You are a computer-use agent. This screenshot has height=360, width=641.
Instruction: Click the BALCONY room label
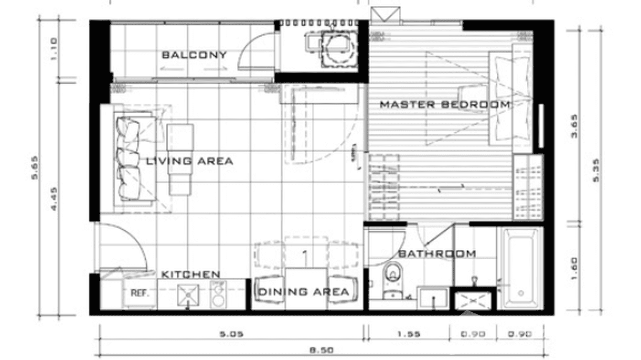tap(194, 55)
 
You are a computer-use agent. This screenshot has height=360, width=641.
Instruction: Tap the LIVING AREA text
tap(190, 161)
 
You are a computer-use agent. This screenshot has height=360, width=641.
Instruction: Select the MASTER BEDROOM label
tap(445, 105)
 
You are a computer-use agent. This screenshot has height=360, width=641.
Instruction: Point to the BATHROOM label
tap(437, 254)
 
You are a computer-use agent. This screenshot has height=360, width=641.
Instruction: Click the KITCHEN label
tap(191, 275)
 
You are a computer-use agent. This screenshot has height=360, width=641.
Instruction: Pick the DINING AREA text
tap(303, 292)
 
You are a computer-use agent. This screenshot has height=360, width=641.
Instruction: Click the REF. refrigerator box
tap(140, 293)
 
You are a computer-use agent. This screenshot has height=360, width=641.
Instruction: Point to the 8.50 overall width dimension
tap(321, 350)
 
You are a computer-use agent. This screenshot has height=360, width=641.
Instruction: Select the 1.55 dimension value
tap(408, 334)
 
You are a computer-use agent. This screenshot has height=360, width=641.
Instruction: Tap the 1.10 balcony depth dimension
tap(53, 48)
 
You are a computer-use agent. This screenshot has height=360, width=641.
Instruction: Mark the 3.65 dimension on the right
tap(575, 126)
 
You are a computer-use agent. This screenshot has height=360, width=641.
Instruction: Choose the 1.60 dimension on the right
tap(575, 269)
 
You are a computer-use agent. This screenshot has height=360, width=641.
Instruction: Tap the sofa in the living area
tap(129, 159)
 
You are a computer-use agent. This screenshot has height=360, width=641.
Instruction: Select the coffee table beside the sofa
tap(181, 159)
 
